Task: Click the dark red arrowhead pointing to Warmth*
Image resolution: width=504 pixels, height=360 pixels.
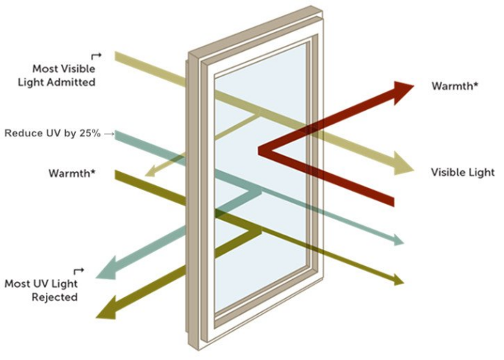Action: coord(402,92)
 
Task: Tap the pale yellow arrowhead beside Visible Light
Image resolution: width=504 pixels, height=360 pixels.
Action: coord(403,164)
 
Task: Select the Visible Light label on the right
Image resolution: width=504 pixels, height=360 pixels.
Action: coord(462,173)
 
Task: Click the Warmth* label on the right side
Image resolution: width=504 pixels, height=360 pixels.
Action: coord(454,86)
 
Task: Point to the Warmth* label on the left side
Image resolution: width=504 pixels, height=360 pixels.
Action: coord(72,173)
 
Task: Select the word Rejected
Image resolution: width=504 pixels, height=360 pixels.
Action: coord(55,297)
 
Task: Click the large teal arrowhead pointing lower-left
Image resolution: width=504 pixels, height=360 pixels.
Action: coord(107,267)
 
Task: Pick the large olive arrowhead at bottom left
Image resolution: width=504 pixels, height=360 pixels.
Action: coord(107,308)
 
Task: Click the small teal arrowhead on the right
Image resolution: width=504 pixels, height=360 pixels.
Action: coord(399,240)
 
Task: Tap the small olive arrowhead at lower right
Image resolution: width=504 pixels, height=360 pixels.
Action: coord(399,280)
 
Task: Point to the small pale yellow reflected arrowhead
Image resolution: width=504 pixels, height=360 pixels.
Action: coord(149,172)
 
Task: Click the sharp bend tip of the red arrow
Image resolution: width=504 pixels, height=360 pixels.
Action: coord(259,151)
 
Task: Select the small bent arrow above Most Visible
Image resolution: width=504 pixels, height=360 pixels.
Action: coord(96,56)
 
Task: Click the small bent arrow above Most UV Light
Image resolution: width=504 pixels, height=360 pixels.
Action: coord(79,271)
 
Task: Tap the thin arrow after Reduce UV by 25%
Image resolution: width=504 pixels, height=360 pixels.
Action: coord(109,133)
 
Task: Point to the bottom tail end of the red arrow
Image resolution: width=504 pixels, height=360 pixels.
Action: coord(393,201)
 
